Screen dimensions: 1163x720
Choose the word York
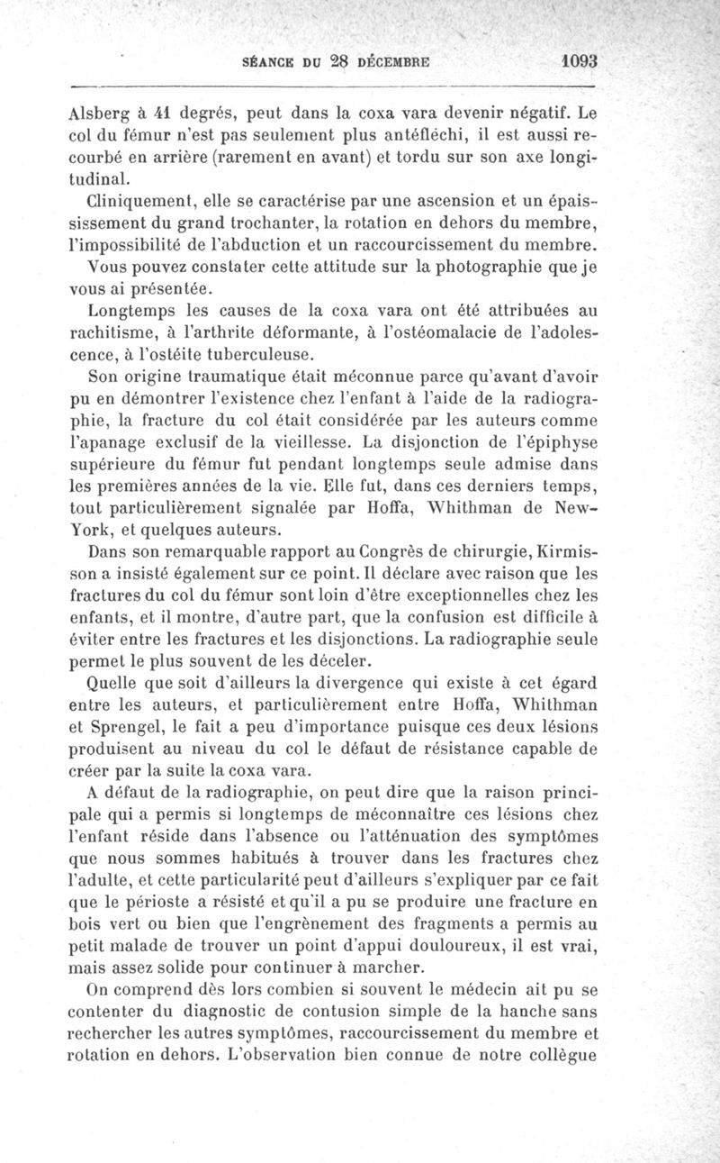(x=88, y=529)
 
